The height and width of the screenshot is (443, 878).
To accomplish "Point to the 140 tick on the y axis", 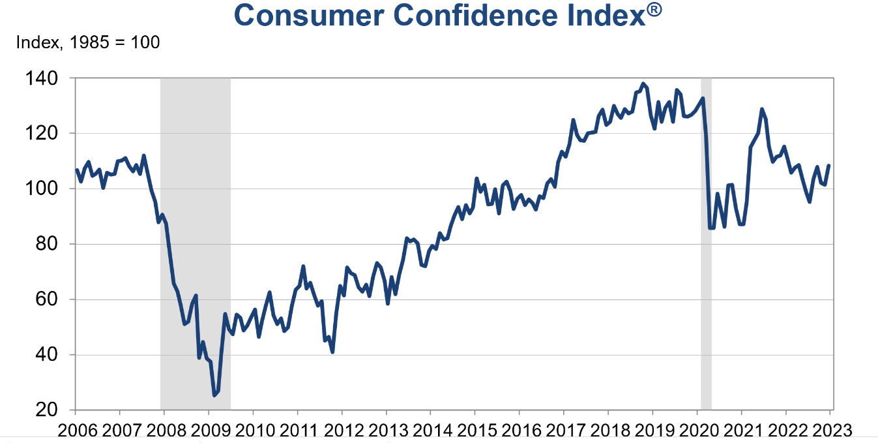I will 51,78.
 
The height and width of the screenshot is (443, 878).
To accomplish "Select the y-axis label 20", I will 55,410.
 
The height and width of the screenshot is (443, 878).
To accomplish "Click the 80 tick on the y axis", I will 55,244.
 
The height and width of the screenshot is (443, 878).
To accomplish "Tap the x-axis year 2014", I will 430,430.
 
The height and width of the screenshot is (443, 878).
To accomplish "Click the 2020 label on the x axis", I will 697,430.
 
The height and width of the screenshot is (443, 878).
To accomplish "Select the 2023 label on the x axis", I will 830,430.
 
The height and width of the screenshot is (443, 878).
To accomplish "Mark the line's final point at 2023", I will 829,166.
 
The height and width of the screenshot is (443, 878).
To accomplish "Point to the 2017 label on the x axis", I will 564,430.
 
